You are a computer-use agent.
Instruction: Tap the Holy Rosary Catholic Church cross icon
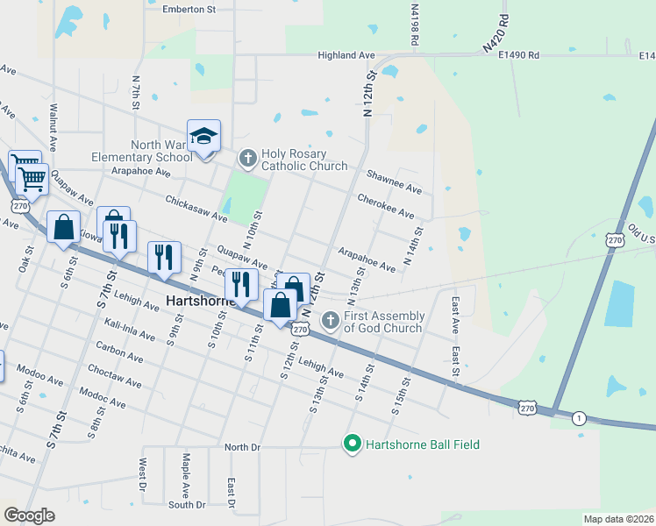point(248,159)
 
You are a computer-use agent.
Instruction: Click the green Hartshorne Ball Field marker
point(353,444)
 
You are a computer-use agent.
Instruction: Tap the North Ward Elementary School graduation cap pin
point(203,136)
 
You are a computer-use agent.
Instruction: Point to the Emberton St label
point(189,9)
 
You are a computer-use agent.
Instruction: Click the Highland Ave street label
point(346,55)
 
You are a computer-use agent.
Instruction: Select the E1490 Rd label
point(518,55)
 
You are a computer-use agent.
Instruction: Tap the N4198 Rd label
point(414,25)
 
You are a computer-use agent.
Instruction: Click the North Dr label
point(243,447)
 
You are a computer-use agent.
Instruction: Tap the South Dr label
point(186,505)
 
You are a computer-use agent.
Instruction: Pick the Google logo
point(28,515)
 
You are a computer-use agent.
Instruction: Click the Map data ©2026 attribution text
point(619,519)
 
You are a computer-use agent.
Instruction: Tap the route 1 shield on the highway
point(579,418)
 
